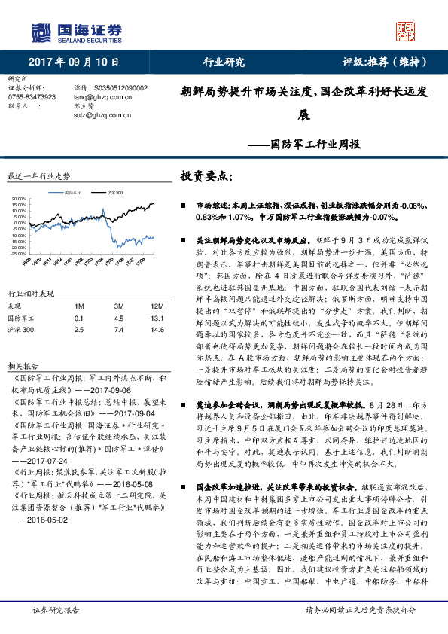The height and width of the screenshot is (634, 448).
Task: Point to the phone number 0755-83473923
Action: click(32, 97)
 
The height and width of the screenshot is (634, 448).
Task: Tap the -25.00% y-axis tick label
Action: click(19, 254)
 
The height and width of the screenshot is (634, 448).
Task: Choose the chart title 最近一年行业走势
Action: click(38, 175)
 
